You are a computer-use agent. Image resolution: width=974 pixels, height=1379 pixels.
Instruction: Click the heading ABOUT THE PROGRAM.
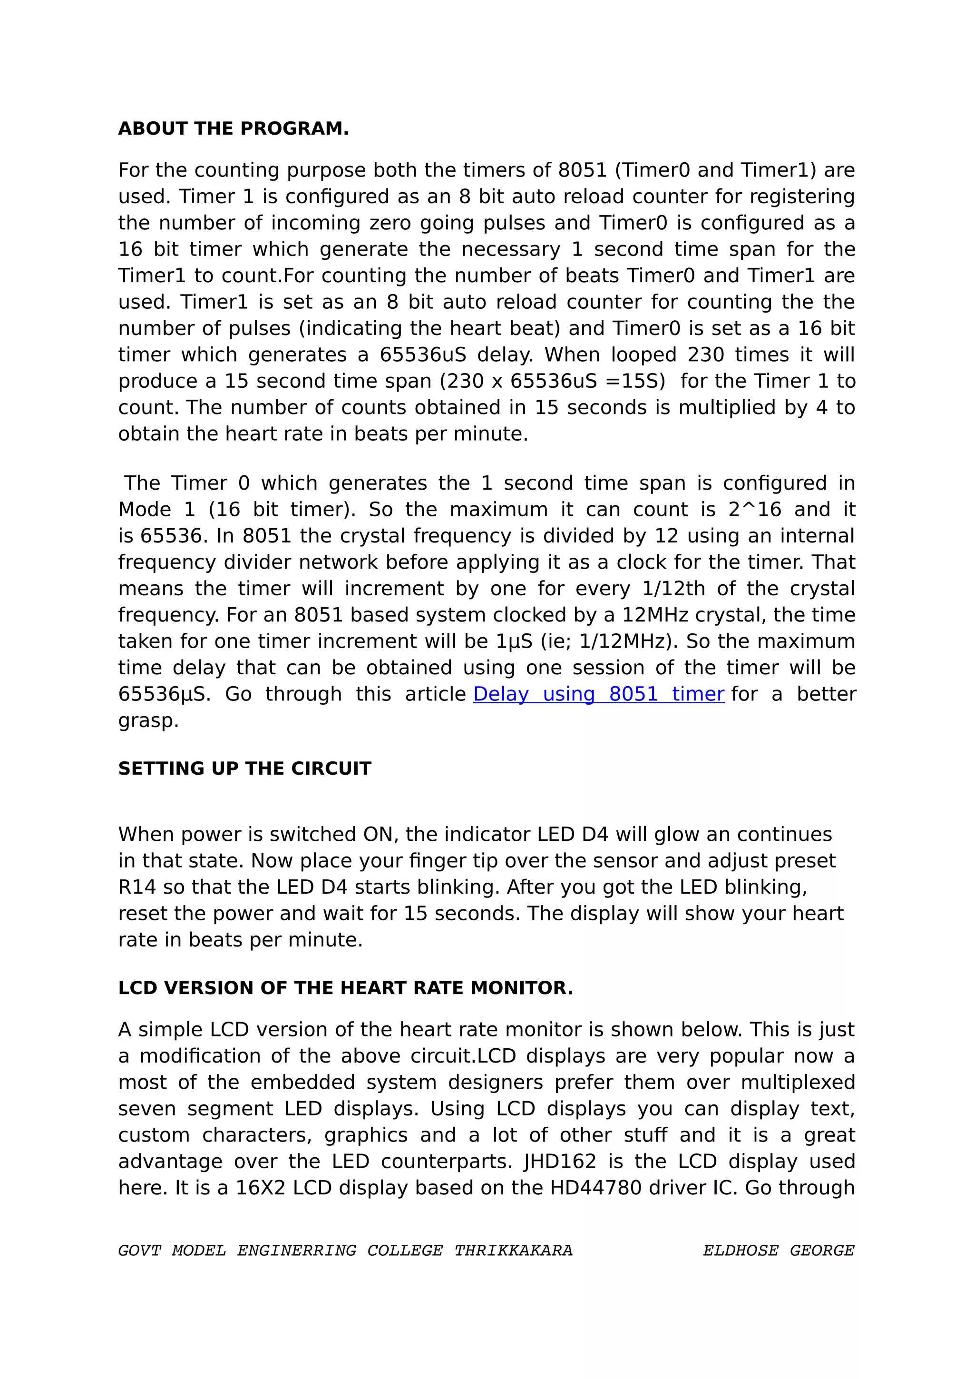click(x=233, y=128)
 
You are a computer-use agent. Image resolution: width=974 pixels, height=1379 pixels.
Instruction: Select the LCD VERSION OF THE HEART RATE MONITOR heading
click(x=345, y=988)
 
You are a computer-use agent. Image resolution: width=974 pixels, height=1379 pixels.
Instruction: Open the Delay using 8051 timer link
click(x=598, y=694)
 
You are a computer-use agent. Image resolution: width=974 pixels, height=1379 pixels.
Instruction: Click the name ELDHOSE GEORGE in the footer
click(x=779, y=1251)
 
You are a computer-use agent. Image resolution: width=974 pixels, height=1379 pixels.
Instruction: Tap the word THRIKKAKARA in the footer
click(x=513, y=1251)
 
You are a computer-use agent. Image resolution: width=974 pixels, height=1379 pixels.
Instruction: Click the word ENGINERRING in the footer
click(x=296, y=1251)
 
